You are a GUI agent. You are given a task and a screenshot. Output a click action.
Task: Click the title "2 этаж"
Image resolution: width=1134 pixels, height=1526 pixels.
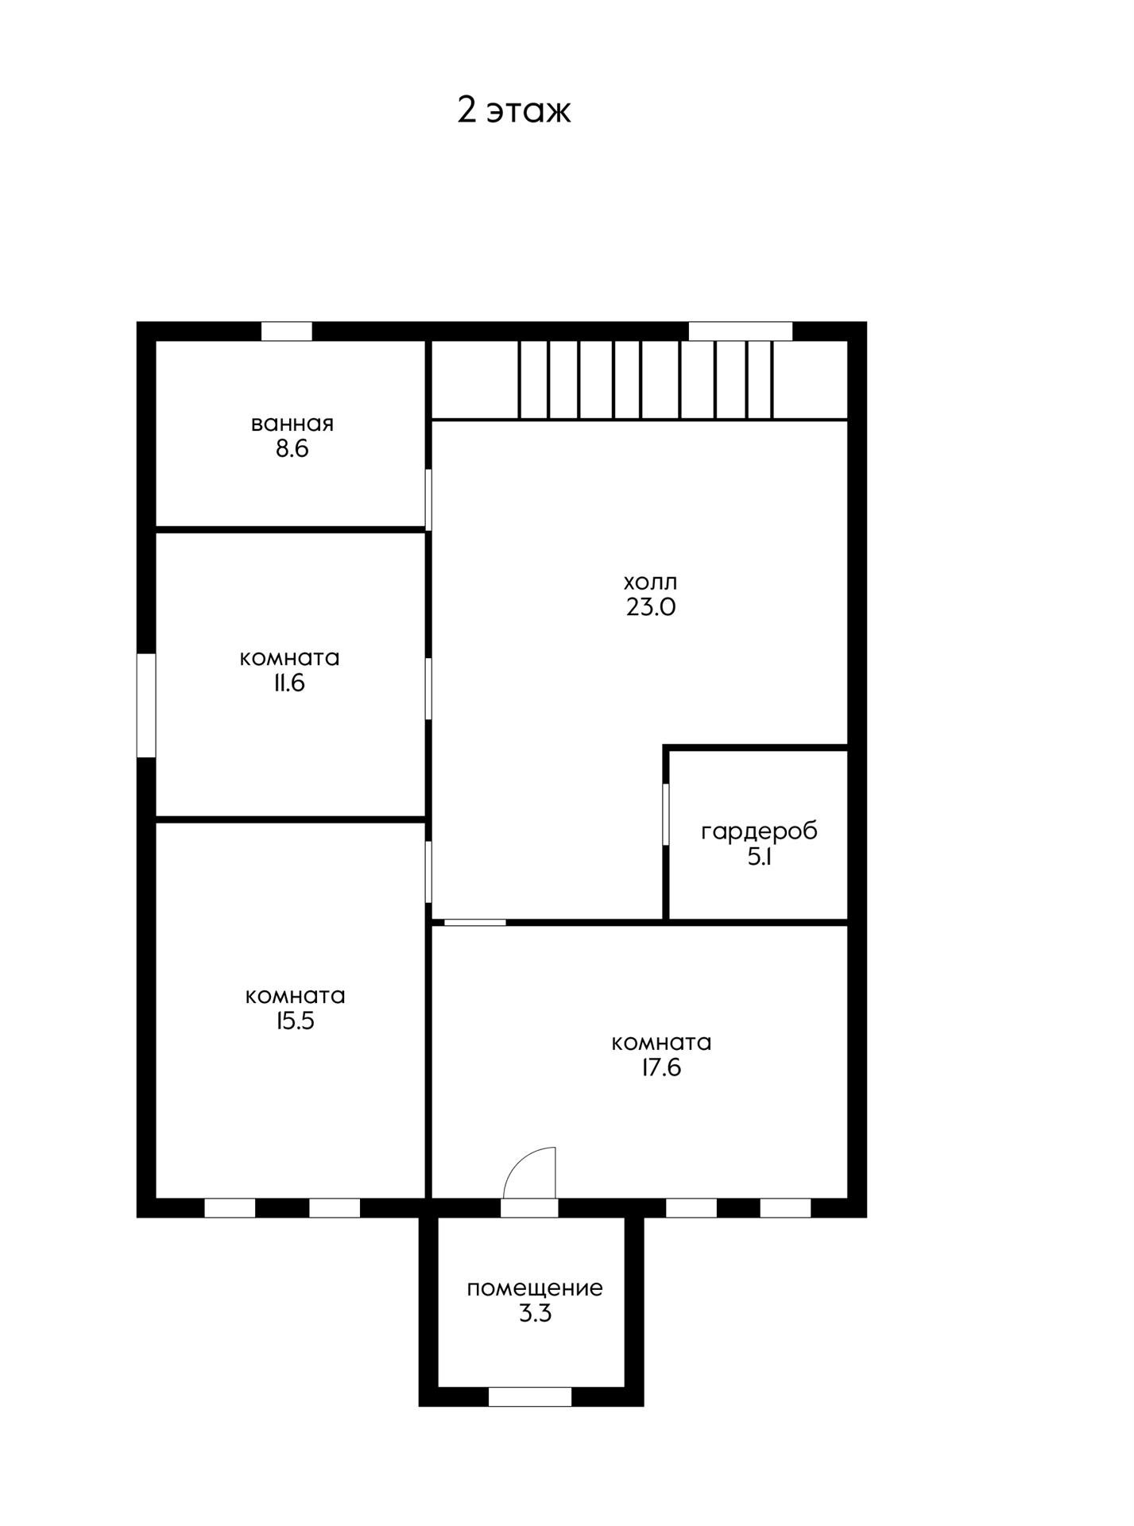pyautogui.click(x=513, y=110)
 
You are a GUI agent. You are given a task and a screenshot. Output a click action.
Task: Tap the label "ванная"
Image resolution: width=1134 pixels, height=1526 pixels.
pyautogui.click(x=292, y=424)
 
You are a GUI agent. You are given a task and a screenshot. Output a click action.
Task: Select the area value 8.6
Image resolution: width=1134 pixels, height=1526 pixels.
pyautogui.click(x=292, y=449)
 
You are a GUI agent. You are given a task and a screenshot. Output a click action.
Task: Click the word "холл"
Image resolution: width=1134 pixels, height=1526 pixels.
pyautogui.click(x=651, y=582)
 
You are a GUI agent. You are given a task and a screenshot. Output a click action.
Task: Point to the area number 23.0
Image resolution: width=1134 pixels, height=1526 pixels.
pyautogui.click(x=651, y=607)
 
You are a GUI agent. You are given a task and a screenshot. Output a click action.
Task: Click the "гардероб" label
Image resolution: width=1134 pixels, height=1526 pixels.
pyautogui.click(x=759, y=832)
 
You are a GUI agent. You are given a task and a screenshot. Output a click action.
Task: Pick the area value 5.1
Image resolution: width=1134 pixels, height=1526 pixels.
pyautogui.click(x=760, y=858)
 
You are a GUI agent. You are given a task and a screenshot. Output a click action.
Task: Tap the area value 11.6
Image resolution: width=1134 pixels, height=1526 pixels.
pyautogui.click(x=289, y=684)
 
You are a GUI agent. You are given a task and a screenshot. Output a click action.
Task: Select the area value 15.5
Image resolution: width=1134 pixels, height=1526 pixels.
pyautogui.click(x=295, y=1021)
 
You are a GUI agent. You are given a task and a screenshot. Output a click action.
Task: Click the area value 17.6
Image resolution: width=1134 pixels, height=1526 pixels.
pyautogui.click(x=661, y=1067)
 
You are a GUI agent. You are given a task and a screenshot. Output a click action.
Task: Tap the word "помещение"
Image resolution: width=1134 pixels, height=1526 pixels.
pyautogui.click(x=535, y=1288)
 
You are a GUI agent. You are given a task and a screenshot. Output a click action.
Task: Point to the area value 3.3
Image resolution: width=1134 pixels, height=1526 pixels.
pyautogui.click(x=535, y=1314)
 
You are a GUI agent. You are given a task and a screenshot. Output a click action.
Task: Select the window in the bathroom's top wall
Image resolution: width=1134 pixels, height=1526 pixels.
pyautogui.click(x=287, y=331)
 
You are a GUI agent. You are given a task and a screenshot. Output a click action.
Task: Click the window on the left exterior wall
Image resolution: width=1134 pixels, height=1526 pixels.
pyautogui.click(x=146, y=705)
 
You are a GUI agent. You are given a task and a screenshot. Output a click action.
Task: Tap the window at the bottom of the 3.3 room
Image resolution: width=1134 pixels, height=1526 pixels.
pyautogui.click(x=530, y=1397)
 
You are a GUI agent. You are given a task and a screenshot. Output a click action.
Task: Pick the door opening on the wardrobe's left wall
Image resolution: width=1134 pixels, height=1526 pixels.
pyautogui.click(x=666, y=815)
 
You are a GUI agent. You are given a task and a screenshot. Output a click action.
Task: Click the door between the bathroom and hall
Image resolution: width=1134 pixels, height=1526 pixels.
pyautogui.click(x=428, y=500)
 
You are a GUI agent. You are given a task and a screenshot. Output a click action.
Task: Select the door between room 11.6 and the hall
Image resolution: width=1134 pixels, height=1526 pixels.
pyautogui.click(x=428, y=689)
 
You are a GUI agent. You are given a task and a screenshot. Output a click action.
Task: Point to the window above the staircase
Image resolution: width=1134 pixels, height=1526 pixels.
pyautogui.click(x=741, y=331)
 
